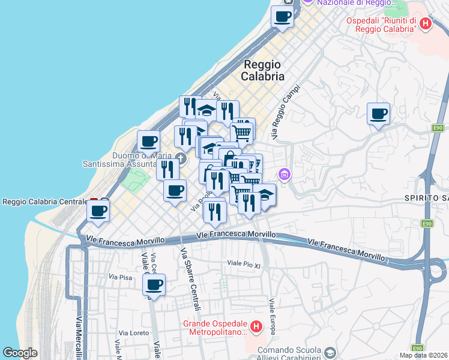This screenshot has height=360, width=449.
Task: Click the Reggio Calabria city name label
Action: click(262, 70)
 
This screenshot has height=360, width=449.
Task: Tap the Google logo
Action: click(20, 353)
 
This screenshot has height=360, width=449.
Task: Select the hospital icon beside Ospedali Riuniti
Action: click(426, 24)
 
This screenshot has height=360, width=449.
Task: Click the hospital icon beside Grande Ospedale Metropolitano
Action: click(256, 328)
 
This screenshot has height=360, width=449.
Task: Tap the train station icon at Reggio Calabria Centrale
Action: click(94, 202)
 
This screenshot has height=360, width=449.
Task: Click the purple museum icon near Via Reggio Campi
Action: click(285, 175)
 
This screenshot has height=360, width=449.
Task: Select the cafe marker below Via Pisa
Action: click(154, 284)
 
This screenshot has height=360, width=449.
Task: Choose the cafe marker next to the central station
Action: click(98, 211)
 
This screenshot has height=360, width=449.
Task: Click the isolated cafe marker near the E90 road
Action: click(378, 113)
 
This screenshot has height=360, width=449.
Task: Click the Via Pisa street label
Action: click(120, 277)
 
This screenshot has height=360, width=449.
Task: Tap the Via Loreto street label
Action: click(133, 332)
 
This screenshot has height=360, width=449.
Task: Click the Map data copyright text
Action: click(423, 355)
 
